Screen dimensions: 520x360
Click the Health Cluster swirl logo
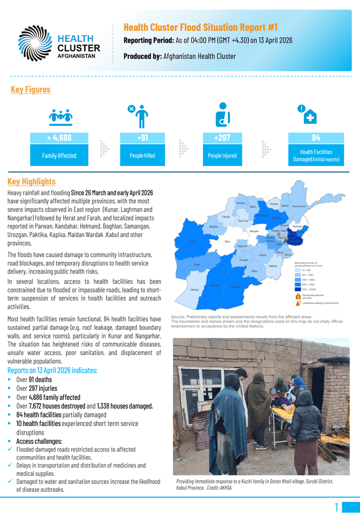(x=35, y=43)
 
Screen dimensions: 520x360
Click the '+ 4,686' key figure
(x=59, y=138)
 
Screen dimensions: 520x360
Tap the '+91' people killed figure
(x=142, y=138)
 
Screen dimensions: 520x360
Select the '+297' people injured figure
(x=222, y=138)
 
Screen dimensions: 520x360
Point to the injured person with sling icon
(x=222, y=115)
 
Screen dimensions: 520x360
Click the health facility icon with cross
(x=308, y=116)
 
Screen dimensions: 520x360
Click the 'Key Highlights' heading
(x=31, y=181)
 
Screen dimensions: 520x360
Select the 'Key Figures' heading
(x=30, y=89)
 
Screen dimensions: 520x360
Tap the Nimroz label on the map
(x=194, y=290)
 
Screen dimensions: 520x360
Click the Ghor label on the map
(x=227, y=241)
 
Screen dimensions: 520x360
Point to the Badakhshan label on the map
(x=299, y=207)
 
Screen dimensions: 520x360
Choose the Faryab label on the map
(x=226, y=217)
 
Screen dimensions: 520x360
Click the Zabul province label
(x=254, y=270)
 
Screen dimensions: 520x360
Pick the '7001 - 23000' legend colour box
(x=298, y=289)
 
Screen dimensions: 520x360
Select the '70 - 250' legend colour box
(x=298, y=270)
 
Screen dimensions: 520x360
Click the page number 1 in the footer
(x=336, y=508)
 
